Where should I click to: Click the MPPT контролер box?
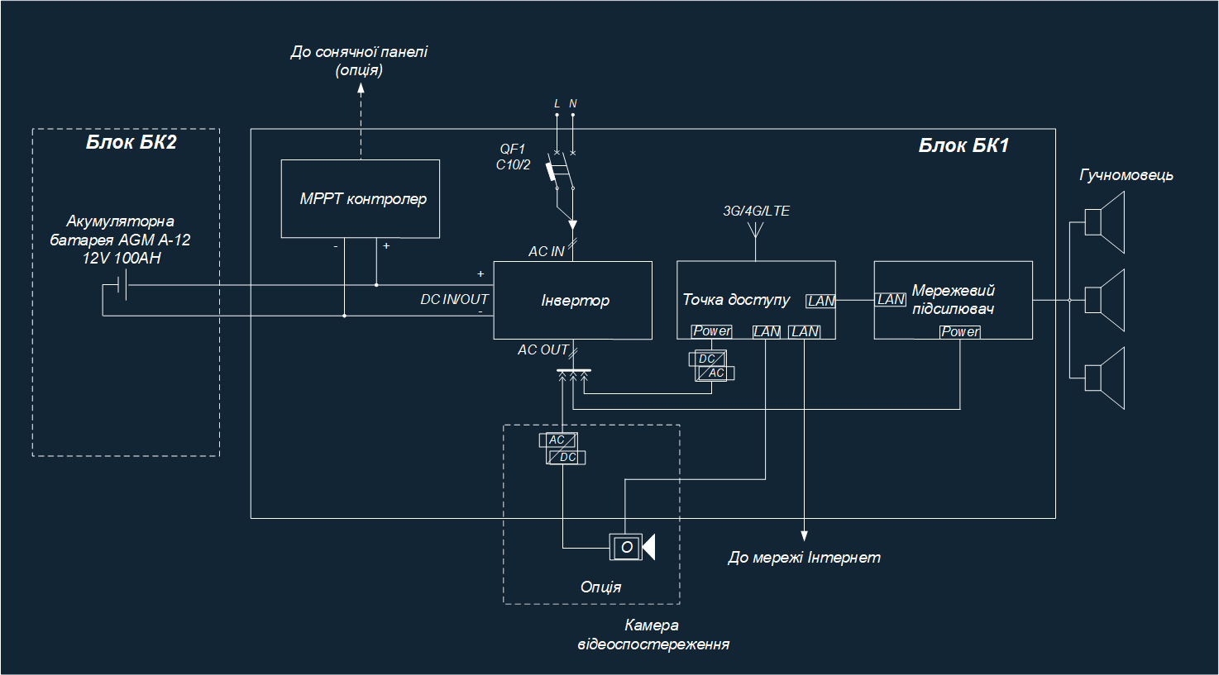click(360, 198)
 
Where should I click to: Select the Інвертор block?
click(572, 300)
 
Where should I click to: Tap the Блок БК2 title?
click(131, 142)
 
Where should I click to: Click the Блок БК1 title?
click(963, 146)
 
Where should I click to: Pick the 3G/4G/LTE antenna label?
click(756, 211)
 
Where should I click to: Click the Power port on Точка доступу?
click(711, 331)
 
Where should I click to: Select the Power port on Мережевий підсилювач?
click(960, 331)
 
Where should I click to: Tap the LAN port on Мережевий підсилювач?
click(891, 300)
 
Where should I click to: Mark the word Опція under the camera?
click(600, 587)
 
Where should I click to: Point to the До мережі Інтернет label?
click(804, 558)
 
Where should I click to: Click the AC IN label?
click(546, 251)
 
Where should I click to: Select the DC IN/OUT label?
click(454, 299)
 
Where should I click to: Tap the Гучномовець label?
click(1126, 175)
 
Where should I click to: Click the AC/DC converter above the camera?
click(563, 449)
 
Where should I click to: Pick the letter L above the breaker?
click(557, 104)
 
